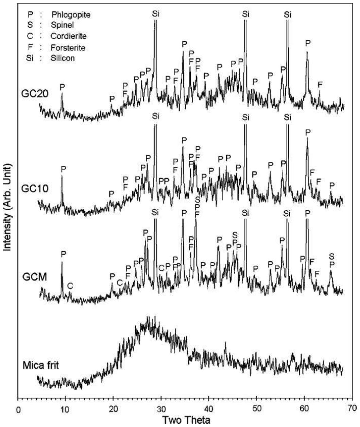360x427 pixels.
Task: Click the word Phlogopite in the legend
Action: [71, 15]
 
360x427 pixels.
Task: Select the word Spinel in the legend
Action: [62, 25]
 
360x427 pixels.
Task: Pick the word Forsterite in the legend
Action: [68, 48]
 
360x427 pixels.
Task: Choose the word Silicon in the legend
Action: [63, 58]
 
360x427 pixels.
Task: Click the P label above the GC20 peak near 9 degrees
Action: [62, 87]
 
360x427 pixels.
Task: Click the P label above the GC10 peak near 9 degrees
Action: [63, 168]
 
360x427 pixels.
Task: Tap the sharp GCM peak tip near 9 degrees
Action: [62, 262]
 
